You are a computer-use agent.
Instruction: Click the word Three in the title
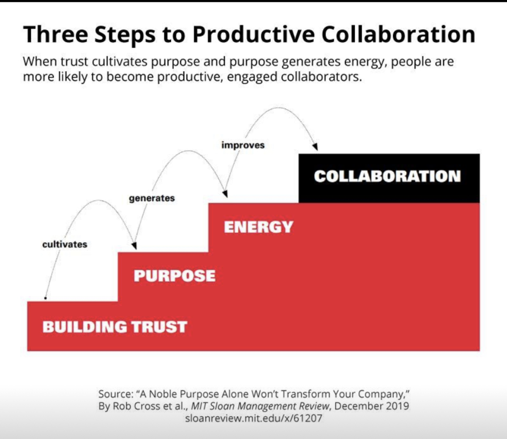[x=55, y=34]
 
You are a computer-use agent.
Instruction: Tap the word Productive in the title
[x=254, y=35]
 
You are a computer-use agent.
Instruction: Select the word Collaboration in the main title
[x=398, y=34]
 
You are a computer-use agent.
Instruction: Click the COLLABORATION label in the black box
[x=387, y=176]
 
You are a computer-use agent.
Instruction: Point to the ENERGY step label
[x=259, y=227]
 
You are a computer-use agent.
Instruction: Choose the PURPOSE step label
[x=174, y=276]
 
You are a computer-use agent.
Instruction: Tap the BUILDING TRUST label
[x=115, y=327]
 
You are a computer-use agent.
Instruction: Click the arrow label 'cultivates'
[x=65, y=244]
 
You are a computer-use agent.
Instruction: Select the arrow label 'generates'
[x=152, y=198]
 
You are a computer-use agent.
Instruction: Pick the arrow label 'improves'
[x=243, y=145]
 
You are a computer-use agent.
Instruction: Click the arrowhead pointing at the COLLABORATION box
[x=315, y=147]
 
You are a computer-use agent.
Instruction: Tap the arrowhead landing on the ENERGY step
[x=225, y=194]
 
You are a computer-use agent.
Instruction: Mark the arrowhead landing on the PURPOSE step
[x=134, y=246]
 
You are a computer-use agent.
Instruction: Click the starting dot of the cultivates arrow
[x=45, y=298]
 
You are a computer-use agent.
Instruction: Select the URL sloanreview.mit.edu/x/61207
[x=253, y=418]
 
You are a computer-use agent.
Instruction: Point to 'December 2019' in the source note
[x=372, y=406]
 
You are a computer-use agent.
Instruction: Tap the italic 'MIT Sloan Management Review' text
[x=260, y=406]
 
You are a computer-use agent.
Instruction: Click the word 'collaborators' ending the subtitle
[x=322, y=77]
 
